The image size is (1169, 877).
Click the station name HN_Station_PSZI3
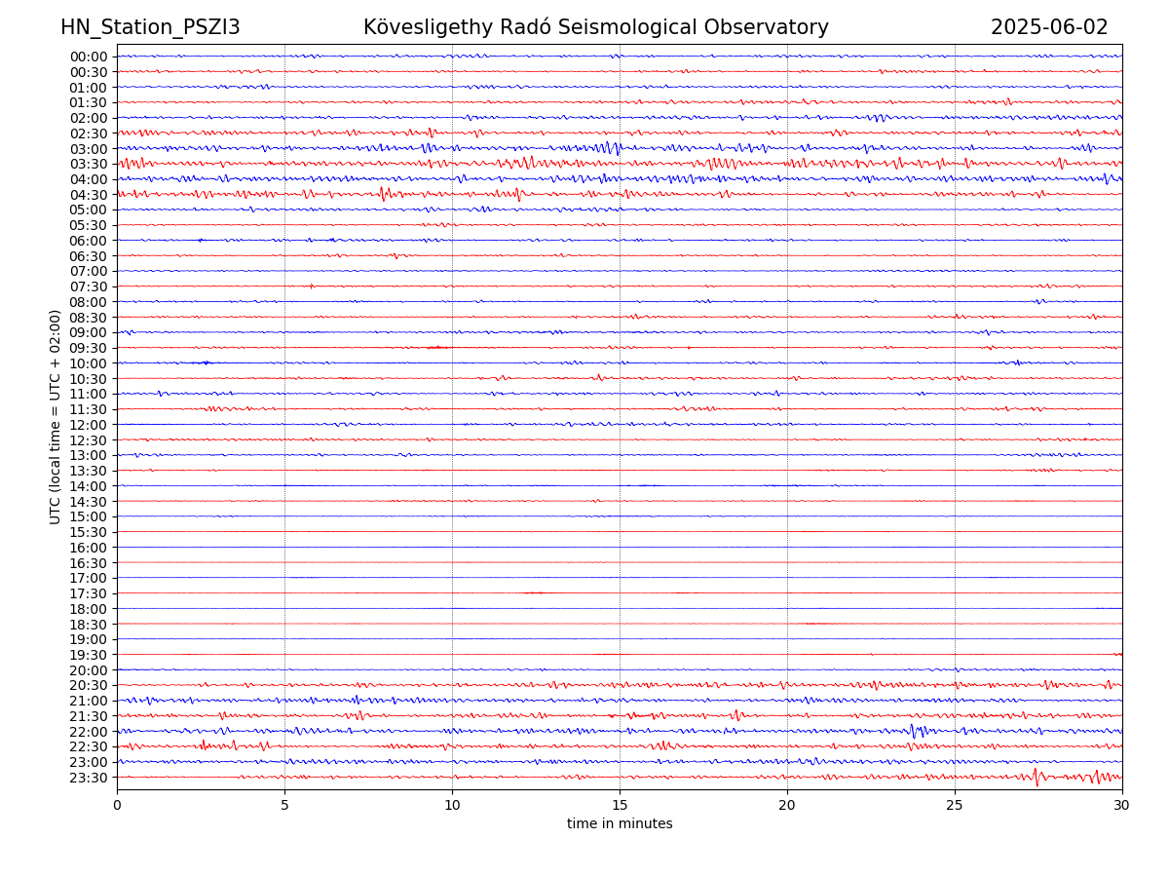tap(150, 27)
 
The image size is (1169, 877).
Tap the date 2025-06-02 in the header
tap(1049, 27)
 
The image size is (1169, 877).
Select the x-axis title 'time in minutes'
tap(620, 824)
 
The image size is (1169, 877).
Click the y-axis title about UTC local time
tap(56, 416)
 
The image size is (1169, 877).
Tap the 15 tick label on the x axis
tap(620, 806)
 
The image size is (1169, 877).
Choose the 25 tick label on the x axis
tap(955, 806)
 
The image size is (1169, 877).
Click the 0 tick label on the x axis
tap(117, 806)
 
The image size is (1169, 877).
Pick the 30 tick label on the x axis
tap(1122, 806)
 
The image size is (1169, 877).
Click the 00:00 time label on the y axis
tap(89, 57)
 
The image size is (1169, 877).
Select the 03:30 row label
tap(89, 164)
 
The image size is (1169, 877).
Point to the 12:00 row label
tap(89, 425)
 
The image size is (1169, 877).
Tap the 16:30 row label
tap(89, 563)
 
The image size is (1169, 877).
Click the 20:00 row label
tap(89, 670)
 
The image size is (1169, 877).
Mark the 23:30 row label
tap(89, 778)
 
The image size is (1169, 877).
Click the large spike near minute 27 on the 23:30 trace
tap(1036, 777)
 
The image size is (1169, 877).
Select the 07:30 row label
tap(89, 286)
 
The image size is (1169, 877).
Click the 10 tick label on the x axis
tap(452, 806)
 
